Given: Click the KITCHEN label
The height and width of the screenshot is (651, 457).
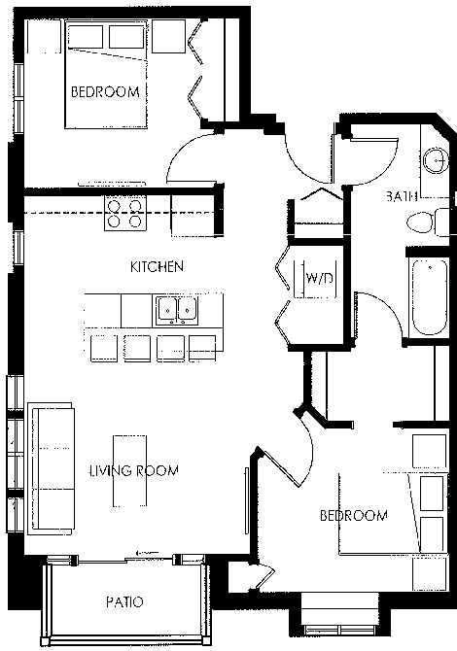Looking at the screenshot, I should point(157,266).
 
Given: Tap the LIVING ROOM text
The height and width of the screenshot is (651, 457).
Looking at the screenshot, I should point(133,471).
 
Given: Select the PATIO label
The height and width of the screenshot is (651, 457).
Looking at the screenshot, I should point(124,602).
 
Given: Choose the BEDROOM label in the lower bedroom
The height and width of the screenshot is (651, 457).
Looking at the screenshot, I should point(354,515).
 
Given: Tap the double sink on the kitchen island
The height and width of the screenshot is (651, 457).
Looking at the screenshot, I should point(177,310).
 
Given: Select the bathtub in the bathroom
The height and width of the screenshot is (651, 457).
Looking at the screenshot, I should point(428,295).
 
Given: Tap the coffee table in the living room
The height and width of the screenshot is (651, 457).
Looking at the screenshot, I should point(130,470).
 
